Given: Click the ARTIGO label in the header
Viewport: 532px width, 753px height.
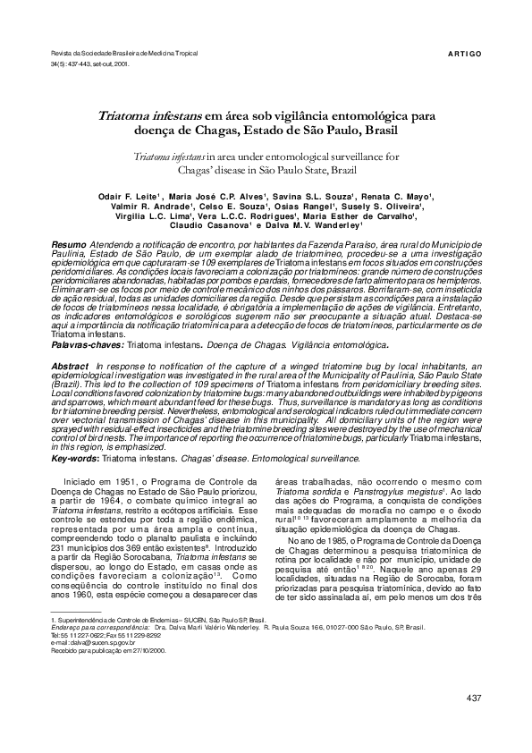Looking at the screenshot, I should (x=464, y=55).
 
